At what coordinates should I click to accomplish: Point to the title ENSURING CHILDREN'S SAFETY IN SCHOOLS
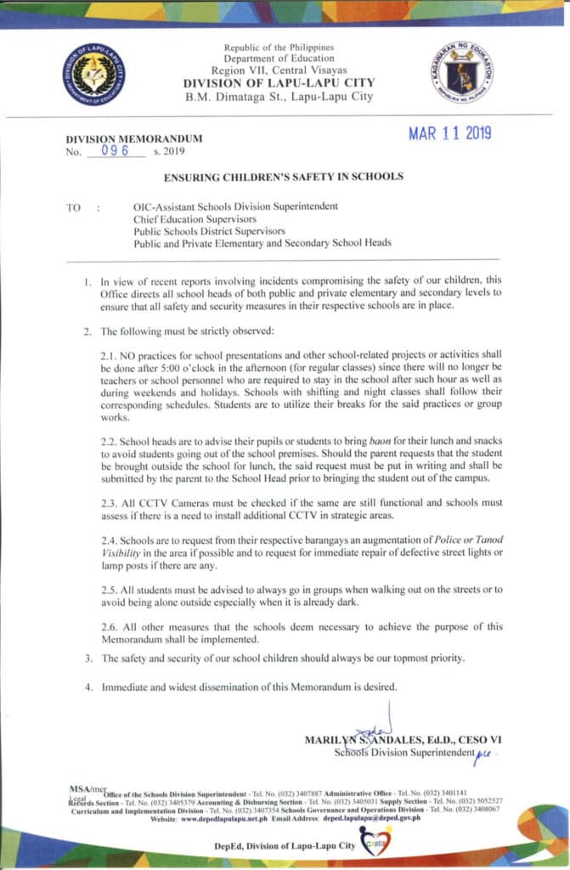coord(284,177)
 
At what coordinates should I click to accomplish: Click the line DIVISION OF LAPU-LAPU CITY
coord(279,82)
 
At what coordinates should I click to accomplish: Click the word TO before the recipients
coord(73,206)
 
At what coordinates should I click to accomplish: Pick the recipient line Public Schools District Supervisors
coord(209,230)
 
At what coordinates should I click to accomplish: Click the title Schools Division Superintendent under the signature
coord(403,753)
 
